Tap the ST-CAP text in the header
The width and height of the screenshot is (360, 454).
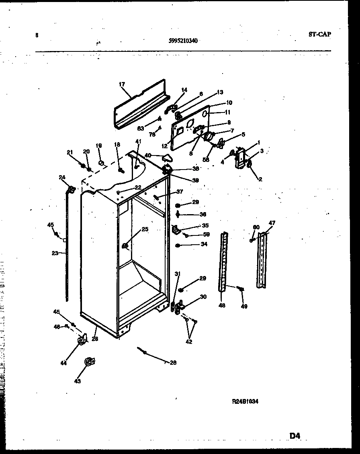(320, 35)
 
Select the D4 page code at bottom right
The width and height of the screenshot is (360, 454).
(295, 435)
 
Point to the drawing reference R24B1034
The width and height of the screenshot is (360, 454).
(245, 401)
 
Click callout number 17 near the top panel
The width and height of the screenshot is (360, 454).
(122, 84)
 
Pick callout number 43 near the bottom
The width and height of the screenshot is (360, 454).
(78, 381)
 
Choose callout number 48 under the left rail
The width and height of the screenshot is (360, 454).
(222, 305)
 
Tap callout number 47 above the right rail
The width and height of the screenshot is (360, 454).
(272, 223)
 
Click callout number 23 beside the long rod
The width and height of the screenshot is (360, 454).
(55, 253)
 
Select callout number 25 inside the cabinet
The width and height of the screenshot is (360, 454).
(145, 229)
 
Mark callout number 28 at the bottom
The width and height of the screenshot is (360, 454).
(173, 362)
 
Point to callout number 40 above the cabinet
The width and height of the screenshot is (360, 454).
(148, 155)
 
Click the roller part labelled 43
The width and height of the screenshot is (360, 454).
(88, 362)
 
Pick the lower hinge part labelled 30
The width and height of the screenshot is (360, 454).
(179, 306)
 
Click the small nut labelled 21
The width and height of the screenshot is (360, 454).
(83, 166)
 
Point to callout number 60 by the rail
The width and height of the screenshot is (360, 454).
(256, 227)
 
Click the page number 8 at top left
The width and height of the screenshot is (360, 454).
(37, 35)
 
